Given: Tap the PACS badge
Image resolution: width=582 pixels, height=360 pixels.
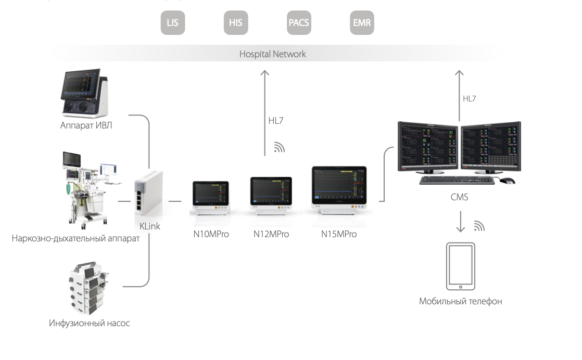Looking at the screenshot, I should (x=298, y=24).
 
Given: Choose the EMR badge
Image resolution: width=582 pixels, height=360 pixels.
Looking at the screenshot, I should (x=361, y=24).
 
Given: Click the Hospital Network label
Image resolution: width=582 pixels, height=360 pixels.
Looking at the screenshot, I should (x=272, y=54).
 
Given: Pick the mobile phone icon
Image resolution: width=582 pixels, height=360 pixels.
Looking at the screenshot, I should (x=460, y=266).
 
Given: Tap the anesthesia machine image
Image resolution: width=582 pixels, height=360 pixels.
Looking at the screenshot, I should (x=84, y=192).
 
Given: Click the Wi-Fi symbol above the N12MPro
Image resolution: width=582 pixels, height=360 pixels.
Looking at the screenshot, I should (x=279, y=148).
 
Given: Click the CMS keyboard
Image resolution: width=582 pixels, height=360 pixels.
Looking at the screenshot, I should (x=457, y=180).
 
